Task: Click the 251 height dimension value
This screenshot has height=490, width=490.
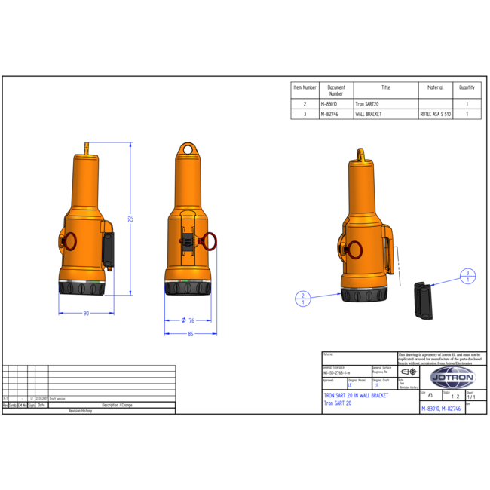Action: [x=131, y=219]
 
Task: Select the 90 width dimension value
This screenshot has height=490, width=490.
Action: [x=86, y=313]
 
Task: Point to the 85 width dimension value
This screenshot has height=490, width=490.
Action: [x=191, y=334]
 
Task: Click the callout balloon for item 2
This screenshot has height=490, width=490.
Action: [x=303, y=299]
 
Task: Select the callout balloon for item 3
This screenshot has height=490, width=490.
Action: [x=468, y=276]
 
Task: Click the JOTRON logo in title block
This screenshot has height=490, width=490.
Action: [x=452, y=376]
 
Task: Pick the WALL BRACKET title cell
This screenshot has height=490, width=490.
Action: [x=369, y=114]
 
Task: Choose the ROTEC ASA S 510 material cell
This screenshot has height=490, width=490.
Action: [x=436, y=114]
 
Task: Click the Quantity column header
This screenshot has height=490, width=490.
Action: [x=467, y=87]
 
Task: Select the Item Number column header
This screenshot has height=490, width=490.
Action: [x=305, y=87]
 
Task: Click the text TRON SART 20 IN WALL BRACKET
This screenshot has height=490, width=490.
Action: [x=356, y=395]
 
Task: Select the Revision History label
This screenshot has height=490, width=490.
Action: [x=80, y=411]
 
